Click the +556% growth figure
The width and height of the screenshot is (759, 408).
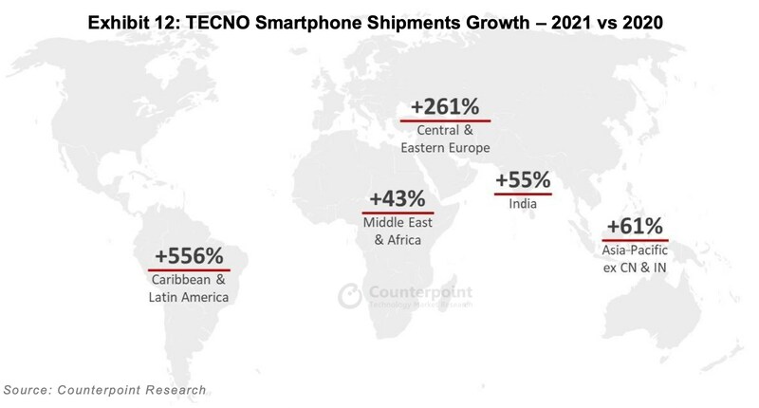click(190, 255)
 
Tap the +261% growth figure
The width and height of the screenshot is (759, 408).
click(445, 106)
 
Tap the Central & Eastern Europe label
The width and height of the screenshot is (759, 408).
click(445, 139)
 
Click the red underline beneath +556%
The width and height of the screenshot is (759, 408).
click(190, 269)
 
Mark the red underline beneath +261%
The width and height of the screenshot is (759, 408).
click(445, 121)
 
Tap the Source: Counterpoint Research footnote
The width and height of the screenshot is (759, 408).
click(104, 390)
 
